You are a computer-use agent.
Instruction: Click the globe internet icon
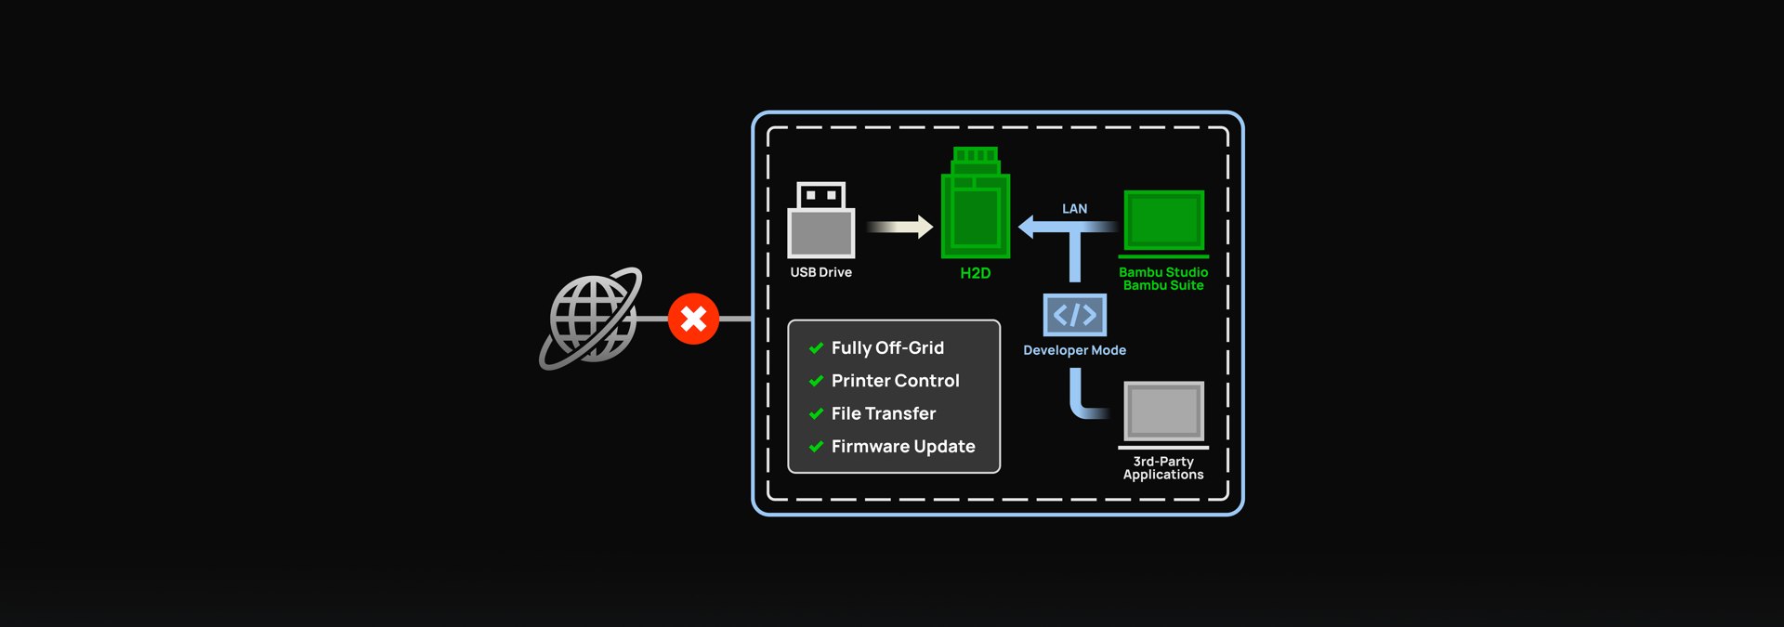pos(591,319)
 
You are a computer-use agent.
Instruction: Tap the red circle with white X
pos(693,319)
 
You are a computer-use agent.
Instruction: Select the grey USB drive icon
pos(821,220)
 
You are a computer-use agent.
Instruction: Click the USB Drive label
pos(821,272)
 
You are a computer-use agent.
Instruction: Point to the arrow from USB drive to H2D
pos(899,227)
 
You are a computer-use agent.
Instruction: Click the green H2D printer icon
pos(976,202)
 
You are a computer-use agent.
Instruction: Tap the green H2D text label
pos(976,273)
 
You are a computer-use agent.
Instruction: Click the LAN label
pos(1075,209)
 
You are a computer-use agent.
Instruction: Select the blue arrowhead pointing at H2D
pos(1027,227)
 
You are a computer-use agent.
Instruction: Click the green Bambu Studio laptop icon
pos(1163,224)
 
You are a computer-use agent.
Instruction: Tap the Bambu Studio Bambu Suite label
pos(1163,279)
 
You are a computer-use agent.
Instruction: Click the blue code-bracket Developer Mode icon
pos(1075,315)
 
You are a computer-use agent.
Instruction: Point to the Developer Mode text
pos(1075,350)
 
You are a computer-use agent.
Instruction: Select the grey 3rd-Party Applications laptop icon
pos(1163,414)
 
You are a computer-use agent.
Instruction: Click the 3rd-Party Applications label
pos(1163,468)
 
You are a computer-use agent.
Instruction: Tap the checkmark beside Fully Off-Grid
pos(816,348)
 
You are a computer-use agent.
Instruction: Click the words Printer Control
pos(896,381)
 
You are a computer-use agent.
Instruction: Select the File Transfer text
pos(884,413)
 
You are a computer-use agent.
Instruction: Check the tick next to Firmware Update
pos(816,447)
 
